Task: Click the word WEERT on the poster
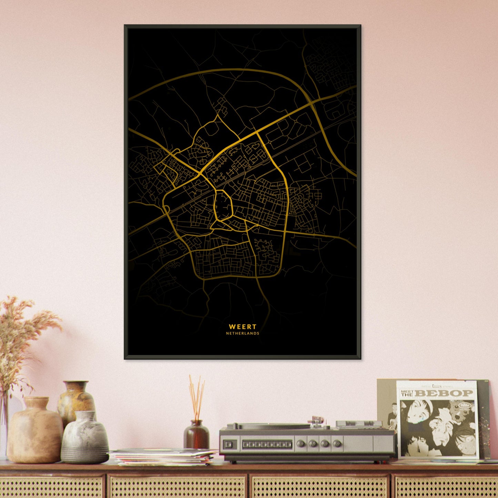tap(243, 326)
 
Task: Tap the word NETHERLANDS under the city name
tap(243, 334)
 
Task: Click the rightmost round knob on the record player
tap(337, 443)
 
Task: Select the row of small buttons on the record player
tap(267, 445)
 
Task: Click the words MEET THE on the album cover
tap(407, 393)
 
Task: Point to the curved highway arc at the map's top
tap(224, 71)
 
